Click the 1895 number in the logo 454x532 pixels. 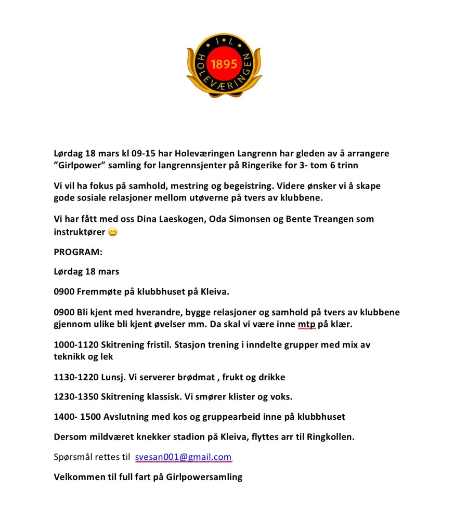(224, 64)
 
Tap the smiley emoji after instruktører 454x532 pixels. (112, 232)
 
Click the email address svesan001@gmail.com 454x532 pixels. (183, 457)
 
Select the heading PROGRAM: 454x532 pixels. (79, 252)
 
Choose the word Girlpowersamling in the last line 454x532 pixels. (204, 477)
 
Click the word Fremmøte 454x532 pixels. (99, 291)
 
